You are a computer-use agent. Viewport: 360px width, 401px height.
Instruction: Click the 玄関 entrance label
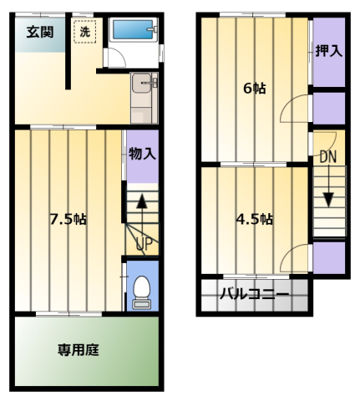point(40,33)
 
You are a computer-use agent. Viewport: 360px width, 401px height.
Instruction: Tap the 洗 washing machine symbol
point(85,32)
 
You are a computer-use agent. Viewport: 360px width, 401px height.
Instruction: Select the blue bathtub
point(134,29)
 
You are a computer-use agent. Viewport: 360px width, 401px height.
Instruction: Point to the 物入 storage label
point(142,154)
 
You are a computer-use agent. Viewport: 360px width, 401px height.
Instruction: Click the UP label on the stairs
point(145,244)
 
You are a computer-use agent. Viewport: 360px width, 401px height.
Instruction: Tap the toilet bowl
point(142,287)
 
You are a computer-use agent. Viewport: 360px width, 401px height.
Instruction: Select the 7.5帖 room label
point(68,220)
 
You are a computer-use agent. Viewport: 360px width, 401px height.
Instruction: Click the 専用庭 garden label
point(79,350)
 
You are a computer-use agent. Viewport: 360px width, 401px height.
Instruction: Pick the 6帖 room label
point(255,89)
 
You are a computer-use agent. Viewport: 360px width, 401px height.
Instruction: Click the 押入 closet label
point(328,51)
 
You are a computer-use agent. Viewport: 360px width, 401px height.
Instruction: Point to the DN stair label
point(328,157)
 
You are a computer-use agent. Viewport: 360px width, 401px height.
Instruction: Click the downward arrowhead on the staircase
point(329,200)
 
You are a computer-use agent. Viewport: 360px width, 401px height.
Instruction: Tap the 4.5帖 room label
point(254,220)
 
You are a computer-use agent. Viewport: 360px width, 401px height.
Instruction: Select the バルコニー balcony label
point(255,294)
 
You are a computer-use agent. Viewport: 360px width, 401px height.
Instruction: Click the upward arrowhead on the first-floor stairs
point(142,201)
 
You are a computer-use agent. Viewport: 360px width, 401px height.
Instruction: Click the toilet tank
point(142,303)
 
